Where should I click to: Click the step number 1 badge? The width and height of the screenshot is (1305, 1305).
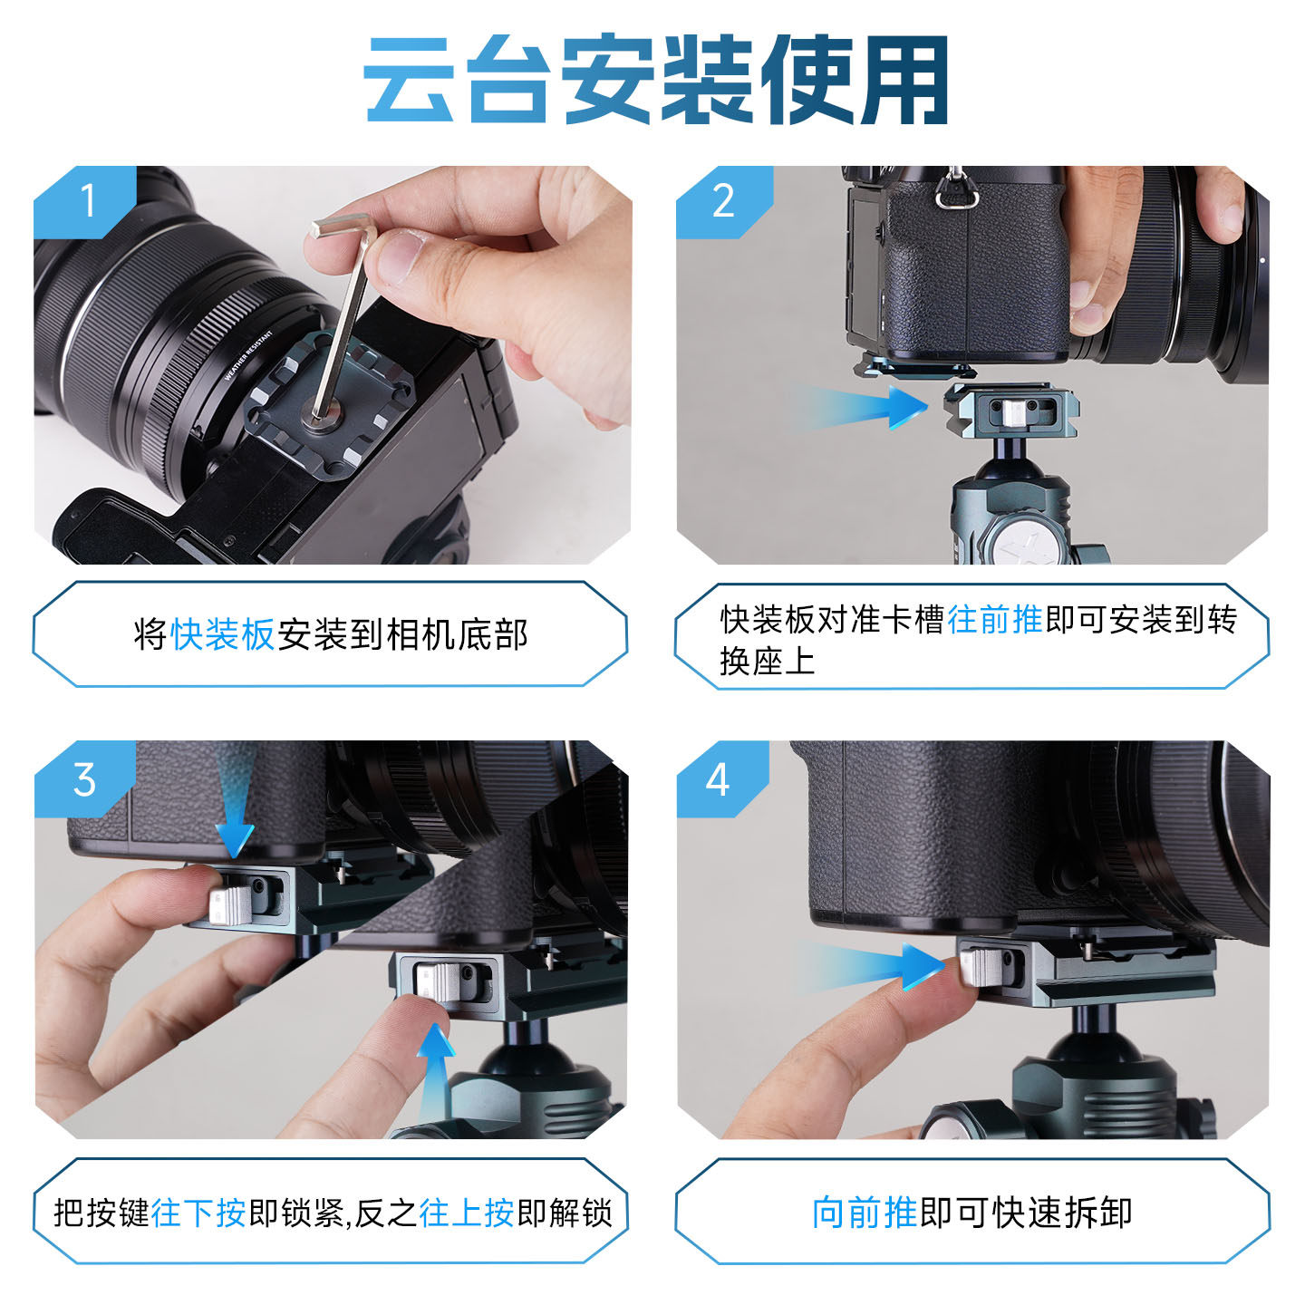coord(85,201)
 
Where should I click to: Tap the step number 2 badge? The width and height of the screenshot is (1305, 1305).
coord(723,201)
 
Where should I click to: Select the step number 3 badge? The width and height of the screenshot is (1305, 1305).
coord(84,778)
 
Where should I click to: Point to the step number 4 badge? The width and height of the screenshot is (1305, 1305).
coord(718,778)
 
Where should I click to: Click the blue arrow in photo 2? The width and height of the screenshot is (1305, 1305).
coord(860,406)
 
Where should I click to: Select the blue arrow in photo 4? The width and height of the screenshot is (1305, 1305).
coord(870,966)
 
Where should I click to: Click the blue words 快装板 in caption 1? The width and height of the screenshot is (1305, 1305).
coord(222,634)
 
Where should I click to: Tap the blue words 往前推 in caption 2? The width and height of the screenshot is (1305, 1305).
coord(994,619)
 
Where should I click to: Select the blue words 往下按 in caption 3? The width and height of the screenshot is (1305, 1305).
coord(198,1213)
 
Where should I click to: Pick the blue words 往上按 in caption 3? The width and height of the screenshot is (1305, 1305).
coord(467,1213)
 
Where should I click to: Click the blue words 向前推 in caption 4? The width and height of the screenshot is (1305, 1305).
coord(865,1213)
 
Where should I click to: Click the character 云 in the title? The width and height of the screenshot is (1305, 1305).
coord(409,79)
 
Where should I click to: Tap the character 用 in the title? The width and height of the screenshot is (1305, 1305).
coord(904,79)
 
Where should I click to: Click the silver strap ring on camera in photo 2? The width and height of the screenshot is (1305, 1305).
coord(957,194)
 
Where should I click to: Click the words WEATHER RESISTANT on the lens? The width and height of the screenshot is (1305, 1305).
coord(248,355)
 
